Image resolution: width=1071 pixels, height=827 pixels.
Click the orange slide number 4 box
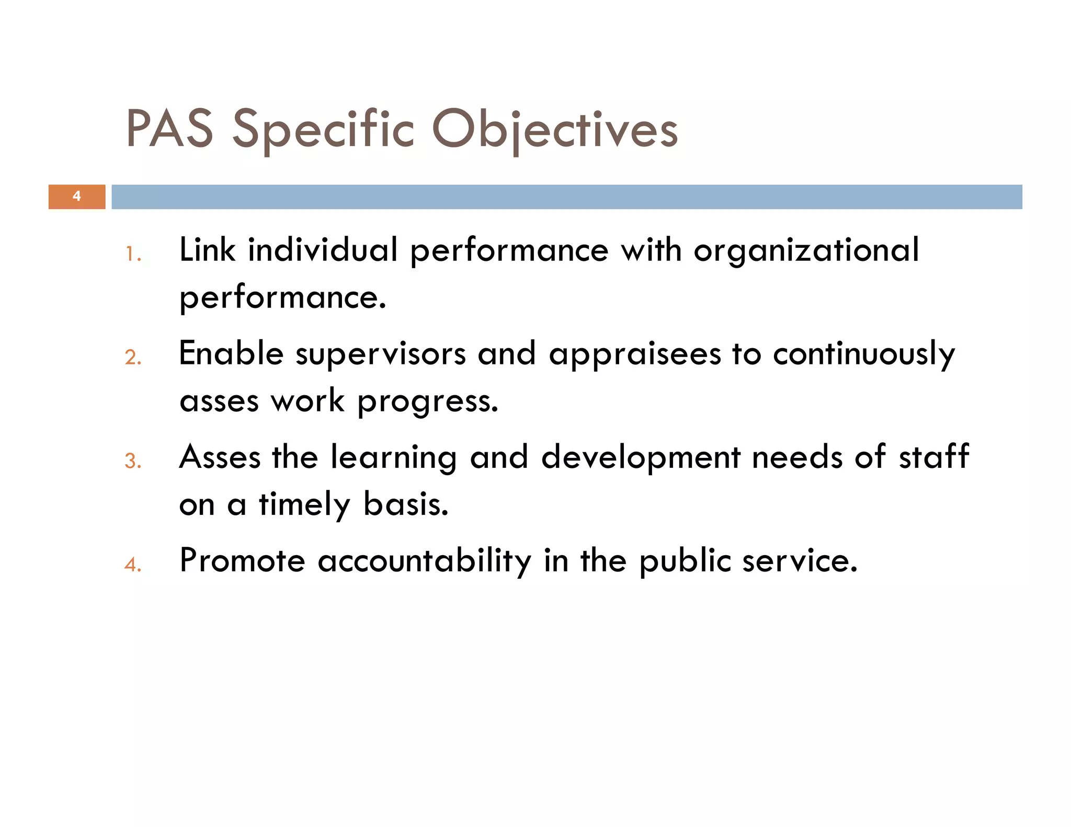pos(77,197)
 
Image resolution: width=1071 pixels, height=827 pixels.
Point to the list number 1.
pos(133,255)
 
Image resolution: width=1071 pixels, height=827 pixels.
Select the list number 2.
pos(133,358)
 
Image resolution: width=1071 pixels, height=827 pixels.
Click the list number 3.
pos(133,461)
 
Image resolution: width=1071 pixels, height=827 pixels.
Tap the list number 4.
pos(133,565)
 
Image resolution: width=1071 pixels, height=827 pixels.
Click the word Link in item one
pos(207,249)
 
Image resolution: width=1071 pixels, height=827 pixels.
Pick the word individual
pos(323,249)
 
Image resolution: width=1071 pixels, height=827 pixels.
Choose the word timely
pos(304,506)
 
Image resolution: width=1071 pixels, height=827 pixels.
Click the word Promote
pos(242,560)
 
